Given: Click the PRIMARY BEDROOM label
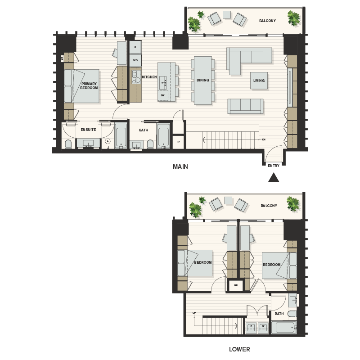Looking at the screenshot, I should (89, 85).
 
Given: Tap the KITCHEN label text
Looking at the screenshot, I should (149, 77).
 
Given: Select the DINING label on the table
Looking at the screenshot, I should (202, 81).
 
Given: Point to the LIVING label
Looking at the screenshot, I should (259, 81).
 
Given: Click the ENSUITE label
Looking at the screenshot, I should (88, 130).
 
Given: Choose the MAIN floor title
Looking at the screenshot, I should (180, 166).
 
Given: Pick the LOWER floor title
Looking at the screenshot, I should (239, 349).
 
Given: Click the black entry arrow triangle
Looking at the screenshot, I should (274, 178).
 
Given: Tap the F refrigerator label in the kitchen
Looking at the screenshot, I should (135, 47).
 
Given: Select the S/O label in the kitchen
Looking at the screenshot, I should (135, 60).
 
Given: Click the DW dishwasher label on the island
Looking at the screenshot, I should (162, 95).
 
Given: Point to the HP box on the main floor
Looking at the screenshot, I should (178, 142).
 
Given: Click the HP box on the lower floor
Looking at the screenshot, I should (235, 285).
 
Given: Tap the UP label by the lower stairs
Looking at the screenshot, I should (194, 312).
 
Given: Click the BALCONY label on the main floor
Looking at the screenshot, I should (267, 21).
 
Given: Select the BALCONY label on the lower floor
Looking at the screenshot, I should (269, 206).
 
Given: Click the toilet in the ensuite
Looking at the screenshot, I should (68, 144).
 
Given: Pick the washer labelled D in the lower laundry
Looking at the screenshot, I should (252, 327).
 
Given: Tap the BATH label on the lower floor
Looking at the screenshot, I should (279, 314).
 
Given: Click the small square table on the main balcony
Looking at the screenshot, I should (227, 14).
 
